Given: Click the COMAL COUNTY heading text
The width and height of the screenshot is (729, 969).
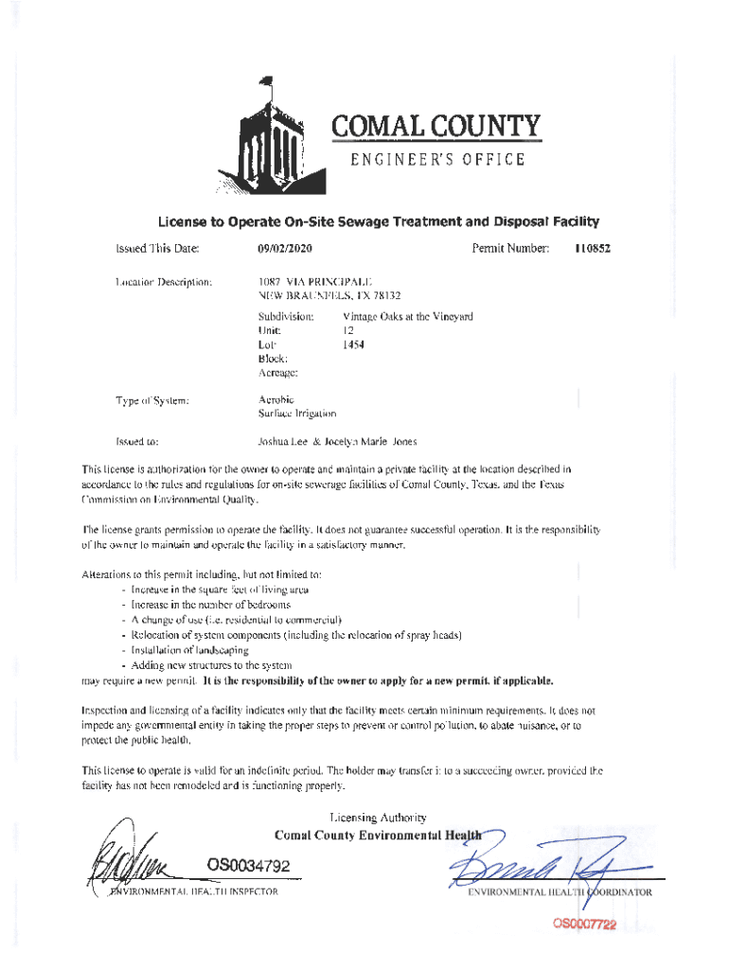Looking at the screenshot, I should click(x=435, y=126).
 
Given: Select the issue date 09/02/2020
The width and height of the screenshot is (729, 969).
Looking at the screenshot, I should click(x=285, y=249).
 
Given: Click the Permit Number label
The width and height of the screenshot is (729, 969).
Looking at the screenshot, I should click(x=510, y=249).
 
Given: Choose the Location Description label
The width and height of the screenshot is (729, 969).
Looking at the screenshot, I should click(x=157, y=281).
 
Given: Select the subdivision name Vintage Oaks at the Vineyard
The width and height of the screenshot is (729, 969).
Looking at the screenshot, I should click(x=407, y=316).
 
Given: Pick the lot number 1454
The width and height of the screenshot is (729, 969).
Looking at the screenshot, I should click(x=353, y=344).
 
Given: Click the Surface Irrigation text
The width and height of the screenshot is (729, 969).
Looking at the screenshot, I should click(x=296, y=414).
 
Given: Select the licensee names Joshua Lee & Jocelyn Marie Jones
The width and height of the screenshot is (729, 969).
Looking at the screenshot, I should click(x=337, y=442).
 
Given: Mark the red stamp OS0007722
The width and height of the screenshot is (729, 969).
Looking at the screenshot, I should click(x=578, y=925).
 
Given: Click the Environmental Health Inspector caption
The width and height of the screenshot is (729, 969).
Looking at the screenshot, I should click(x=194, y=892).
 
